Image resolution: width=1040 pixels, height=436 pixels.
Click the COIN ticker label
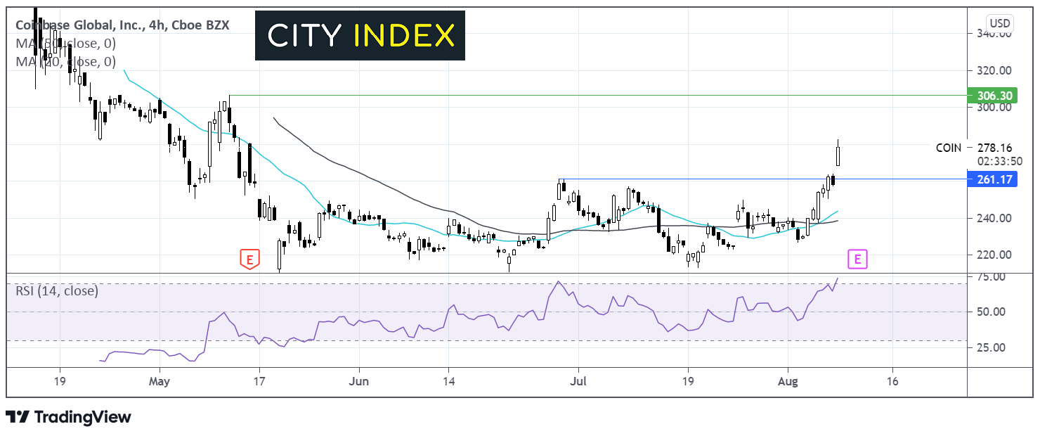point(948,148)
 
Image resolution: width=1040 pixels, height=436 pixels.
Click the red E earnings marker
point(249,259)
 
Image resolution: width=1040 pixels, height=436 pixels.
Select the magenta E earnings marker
point(857,259)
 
